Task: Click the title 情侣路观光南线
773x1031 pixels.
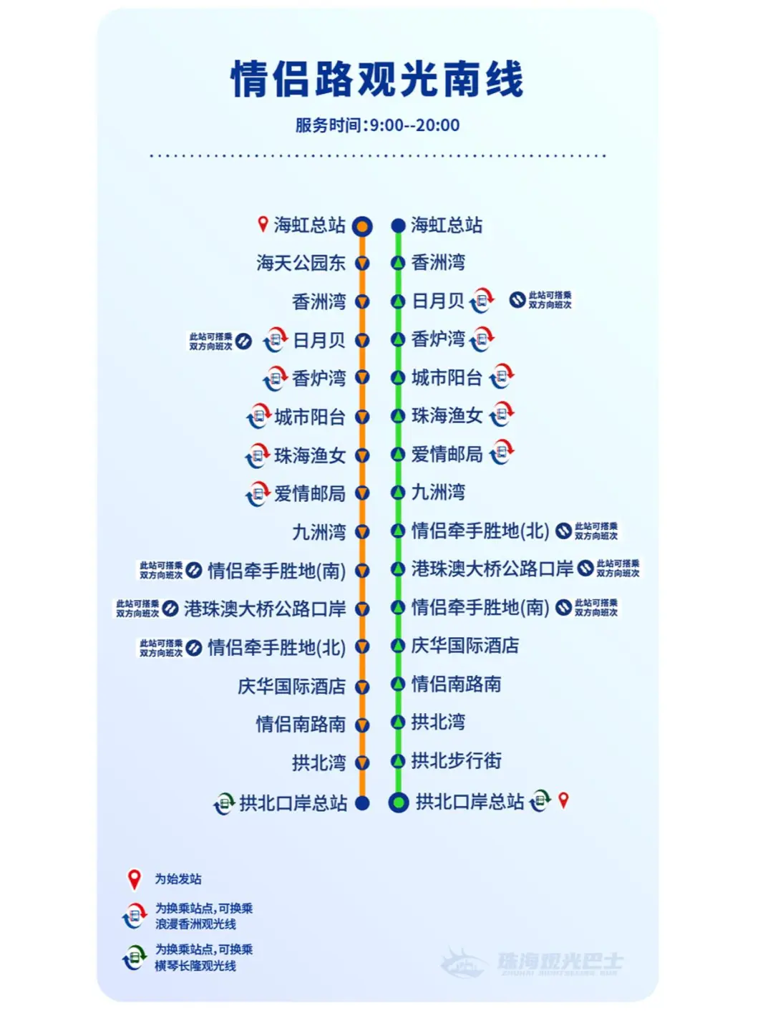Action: [x=377, y=79]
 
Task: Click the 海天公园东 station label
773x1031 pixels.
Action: [x=301, y=263]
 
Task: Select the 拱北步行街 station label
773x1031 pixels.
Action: [x=456, y=760]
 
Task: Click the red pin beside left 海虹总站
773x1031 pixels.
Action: [x=263, y=225]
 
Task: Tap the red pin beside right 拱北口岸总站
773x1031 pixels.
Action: [x=563, y=800]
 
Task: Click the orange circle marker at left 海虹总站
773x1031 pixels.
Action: [x=363, y=227]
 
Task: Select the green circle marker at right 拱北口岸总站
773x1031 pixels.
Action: [x=398, y=803]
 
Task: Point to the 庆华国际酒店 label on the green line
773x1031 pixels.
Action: [x=465, y=646]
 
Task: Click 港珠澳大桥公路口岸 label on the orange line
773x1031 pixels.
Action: [x=265, y=609]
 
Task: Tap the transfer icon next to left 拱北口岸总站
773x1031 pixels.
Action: [x=224, y=804]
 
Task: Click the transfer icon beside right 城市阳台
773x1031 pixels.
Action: [x=502, y=376]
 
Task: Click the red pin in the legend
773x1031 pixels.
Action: [x=134, y=879]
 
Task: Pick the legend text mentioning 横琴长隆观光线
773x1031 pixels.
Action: [x=203, y=958]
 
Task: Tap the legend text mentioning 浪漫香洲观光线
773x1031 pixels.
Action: [x=203, y=916]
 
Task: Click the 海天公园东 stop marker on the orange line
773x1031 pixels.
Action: [x=363, y=263]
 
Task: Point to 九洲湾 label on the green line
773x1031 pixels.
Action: [x=438, y=493]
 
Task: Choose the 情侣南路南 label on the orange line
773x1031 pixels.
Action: [x=301, y=725]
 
